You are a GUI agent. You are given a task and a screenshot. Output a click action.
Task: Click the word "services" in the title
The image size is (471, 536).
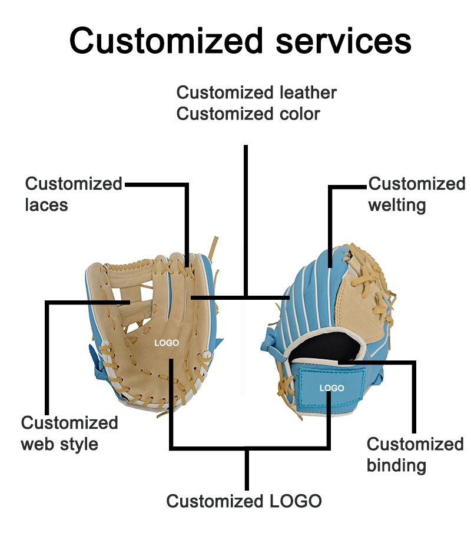pyautogui.click(x=343, y=41)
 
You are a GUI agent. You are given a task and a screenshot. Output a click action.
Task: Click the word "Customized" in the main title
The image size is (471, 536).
pyautogui.click(x=166, y=41)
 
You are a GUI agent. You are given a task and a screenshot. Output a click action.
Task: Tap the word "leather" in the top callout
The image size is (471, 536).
pyautogui.click(x=308, y=92)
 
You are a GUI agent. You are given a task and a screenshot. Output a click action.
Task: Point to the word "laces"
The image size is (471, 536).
pyautogui.click(x=47, y=205)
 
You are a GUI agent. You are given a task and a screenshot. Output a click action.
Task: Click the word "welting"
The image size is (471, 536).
pyautogui.click(x=397, y=206)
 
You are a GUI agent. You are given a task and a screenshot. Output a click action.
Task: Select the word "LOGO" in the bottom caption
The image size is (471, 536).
pyautogui.click(x=296, y=501)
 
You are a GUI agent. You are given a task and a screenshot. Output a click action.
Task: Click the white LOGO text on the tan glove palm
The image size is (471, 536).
pyautogui.click(x=167, y=343)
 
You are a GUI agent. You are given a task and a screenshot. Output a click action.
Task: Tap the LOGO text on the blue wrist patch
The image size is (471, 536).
pyautogui.click(x=331, y=388)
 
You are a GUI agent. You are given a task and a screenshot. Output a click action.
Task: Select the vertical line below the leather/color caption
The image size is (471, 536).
pyautogui.click(x=246, y=220)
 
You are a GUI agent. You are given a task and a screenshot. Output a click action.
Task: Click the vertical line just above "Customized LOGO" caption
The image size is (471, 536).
pyautogui.click(x=247, y=469)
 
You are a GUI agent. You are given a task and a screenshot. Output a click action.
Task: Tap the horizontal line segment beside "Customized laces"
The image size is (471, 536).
pyautogui.click(x=157, y=184)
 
